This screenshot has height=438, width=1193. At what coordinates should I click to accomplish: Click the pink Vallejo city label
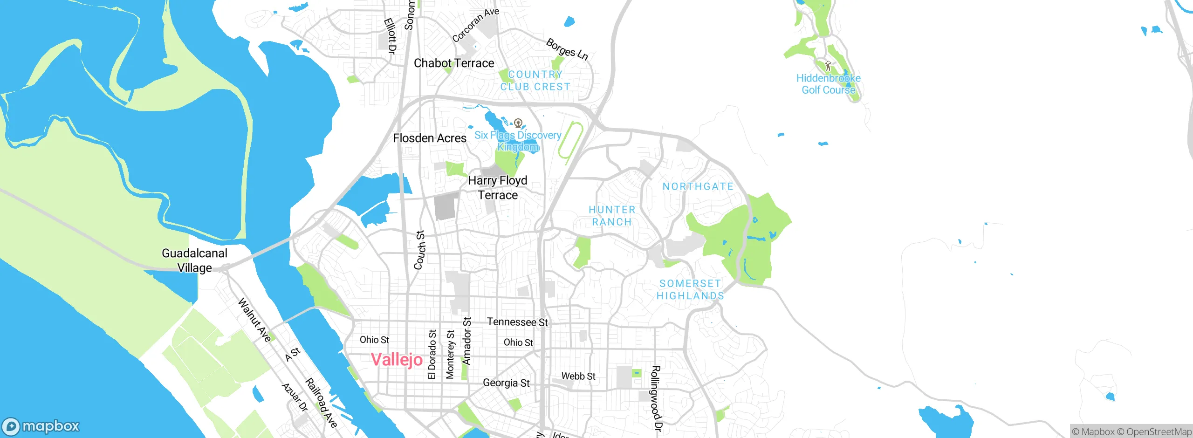pos(397,360)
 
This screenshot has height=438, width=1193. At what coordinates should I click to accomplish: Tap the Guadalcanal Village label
pos(194,260)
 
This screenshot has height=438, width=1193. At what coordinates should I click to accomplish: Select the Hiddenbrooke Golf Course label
pos(828,84)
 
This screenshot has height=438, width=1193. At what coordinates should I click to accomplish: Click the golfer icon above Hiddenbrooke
pos(828,66)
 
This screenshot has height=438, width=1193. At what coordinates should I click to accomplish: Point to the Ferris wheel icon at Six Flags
pos(518,123)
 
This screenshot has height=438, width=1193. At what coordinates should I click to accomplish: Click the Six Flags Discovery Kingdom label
pos(518,141)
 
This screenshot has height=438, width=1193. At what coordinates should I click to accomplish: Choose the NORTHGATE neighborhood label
pos(698,186)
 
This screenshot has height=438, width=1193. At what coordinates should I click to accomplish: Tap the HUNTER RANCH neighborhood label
pos(612,216)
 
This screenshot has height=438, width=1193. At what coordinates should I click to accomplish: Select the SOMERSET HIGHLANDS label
pos(690,289)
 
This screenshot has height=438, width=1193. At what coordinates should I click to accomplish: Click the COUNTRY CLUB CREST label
pos(535,81)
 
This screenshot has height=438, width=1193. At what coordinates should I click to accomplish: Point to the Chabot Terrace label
pos(454,63)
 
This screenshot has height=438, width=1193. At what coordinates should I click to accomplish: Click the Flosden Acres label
pos(429,138)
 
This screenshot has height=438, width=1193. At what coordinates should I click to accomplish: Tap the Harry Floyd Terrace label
pos(498,187)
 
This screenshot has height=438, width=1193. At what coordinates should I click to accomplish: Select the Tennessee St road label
pos(517,322)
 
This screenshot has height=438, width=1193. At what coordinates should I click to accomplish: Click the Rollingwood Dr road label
pos(656,398)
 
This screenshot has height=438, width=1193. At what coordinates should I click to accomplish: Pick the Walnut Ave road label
pos(254,320)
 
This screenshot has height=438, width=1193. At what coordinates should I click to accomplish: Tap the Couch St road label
pos(419,250)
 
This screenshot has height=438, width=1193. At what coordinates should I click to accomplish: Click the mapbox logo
pos(41,426)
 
